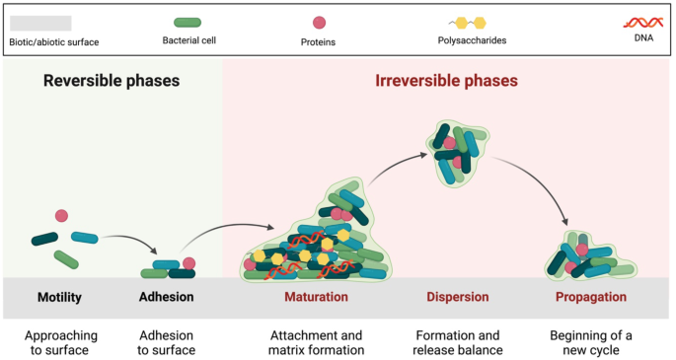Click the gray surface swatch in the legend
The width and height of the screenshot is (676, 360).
point(39,23)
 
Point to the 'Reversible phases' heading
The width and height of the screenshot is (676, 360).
point(111,81)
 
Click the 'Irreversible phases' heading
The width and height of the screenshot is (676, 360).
point(446,81)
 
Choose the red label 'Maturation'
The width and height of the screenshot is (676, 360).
point(316,297)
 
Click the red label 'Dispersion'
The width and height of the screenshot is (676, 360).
point(457,297)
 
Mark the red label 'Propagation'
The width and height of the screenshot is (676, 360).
point(589,297)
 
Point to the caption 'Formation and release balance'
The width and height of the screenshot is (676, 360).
point(457,342)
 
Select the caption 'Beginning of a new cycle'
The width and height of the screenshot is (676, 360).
point(589,342)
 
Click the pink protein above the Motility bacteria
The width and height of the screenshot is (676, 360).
point(61,216)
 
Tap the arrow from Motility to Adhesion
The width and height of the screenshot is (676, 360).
point(128,241)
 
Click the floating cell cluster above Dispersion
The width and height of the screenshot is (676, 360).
point(457,151)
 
